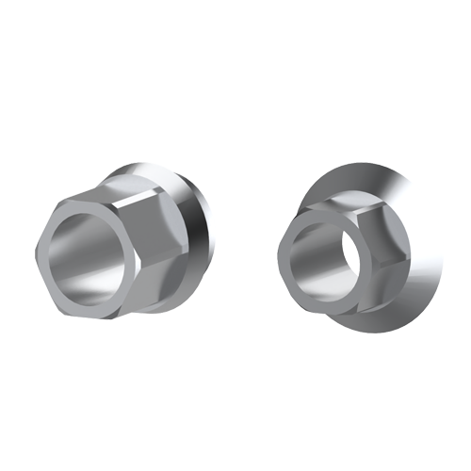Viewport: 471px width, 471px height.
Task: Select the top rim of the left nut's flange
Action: coord(160,170)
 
